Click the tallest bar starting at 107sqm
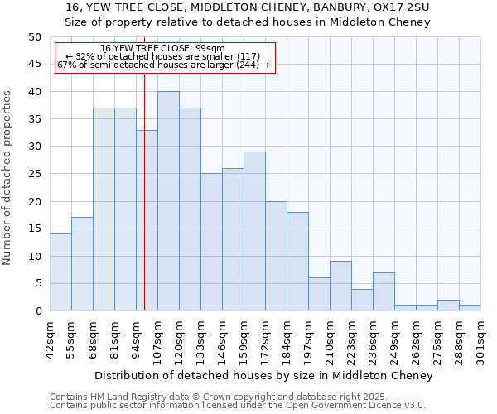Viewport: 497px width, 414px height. tap(168, 201)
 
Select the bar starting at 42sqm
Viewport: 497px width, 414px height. tap(60, 272)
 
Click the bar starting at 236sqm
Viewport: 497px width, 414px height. tap(384, 291)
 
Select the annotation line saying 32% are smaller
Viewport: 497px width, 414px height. tap(162, 56)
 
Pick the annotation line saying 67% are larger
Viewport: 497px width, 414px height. tap(163, 65)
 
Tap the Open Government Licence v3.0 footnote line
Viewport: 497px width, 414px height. tap(237, 405)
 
